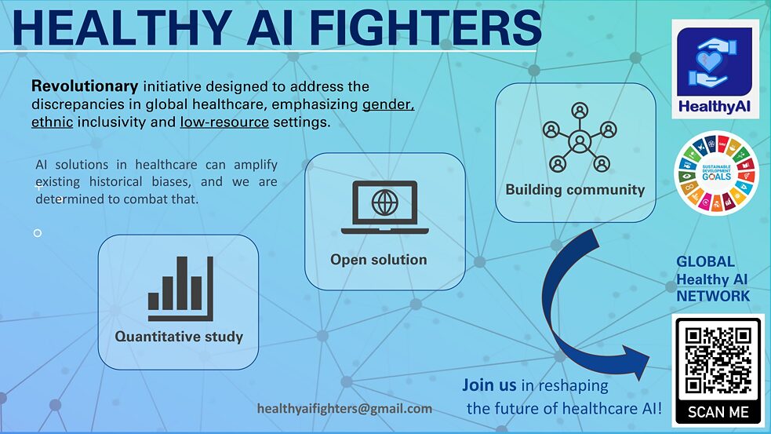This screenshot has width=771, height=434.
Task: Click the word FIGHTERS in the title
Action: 426,27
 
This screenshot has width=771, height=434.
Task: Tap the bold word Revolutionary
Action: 85,86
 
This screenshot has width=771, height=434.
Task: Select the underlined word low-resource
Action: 224,122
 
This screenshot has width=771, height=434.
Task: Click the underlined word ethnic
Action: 52,122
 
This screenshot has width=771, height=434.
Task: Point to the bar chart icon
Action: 180,288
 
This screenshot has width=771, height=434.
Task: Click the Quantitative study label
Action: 179,337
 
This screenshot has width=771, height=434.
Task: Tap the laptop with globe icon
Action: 385,207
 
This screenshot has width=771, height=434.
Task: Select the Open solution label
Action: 379,259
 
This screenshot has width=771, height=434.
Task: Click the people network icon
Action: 580,138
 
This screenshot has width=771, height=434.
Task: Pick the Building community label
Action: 575,190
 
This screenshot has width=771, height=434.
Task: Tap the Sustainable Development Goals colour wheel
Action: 716,173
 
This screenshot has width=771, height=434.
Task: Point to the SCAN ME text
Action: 718,412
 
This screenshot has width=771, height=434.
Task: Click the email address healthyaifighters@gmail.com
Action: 344,408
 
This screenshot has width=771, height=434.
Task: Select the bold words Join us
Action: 489,385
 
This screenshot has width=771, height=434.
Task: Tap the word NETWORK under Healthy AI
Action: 713,296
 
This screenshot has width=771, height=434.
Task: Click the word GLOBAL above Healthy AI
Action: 705,261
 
